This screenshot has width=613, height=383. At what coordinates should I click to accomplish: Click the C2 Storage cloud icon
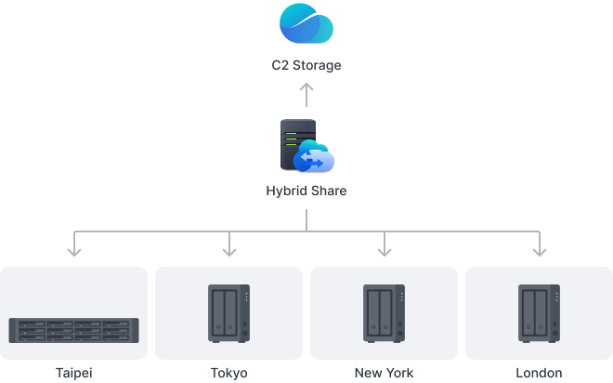306,24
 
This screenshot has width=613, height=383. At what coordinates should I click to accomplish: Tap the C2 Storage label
306,66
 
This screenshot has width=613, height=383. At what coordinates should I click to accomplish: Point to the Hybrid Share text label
306,191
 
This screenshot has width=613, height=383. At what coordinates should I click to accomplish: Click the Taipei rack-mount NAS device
74,329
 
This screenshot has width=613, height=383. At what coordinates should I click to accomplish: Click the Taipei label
74,373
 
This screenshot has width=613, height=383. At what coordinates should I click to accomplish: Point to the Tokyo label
229,373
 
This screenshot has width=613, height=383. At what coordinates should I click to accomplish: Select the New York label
384,373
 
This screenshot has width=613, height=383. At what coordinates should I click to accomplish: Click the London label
539,373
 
